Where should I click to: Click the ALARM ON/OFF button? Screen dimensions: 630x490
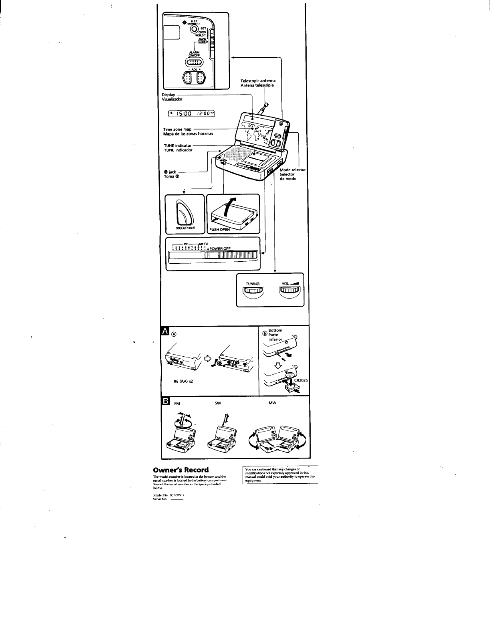pos(195,62)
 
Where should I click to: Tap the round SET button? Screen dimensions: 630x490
pos(194,29)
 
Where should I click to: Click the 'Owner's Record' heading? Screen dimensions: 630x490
pos(181,470)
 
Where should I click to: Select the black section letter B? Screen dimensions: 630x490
pos(165,402)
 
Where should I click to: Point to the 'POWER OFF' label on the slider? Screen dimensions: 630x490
pos(220,248)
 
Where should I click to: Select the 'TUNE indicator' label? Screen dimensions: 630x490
pos(177,145)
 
